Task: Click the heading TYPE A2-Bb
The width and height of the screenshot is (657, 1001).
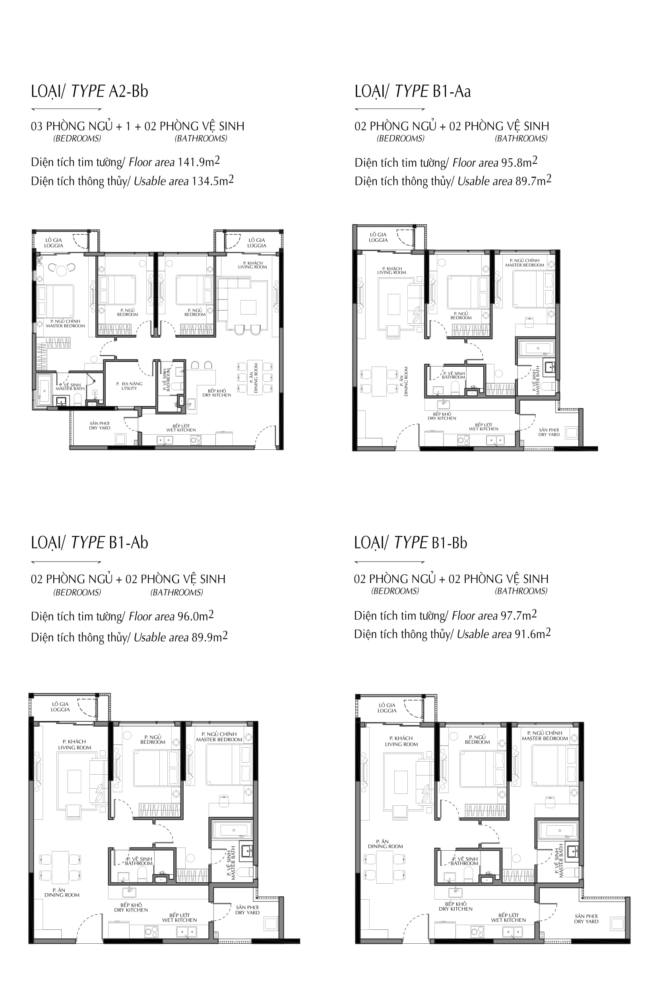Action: click(x=89, y=91)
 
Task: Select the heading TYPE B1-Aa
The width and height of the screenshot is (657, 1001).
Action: click(x=413, y=91)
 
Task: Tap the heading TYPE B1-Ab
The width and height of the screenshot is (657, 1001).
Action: click(x=89, y=542)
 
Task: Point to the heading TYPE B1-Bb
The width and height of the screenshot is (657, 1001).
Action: click(x=411, y=542)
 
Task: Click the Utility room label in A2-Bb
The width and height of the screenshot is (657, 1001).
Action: click(x=130, y=386)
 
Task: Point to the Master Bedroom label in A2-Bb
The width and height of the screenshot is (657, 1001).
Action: click(x=65, y=323)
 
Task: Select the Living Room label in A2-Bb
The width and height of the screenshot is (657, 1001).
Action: click(x=253, y=265)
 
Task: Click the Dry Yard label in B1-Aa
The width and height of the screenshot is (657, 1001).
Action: click(x=549, y=432)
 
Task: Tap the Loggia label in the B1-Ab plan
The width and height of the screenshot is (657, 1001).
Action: click(x=60, y=707)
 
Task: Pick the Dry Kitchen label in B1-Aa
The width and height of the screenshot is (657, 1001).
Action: click(x=442, y=416)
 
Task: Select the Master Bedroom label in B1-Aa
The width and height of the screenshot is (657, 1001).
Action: click(x=525, y=263)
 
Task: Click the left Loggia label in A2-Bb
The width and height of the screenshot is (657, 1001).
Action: click(x=54, y=243)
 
